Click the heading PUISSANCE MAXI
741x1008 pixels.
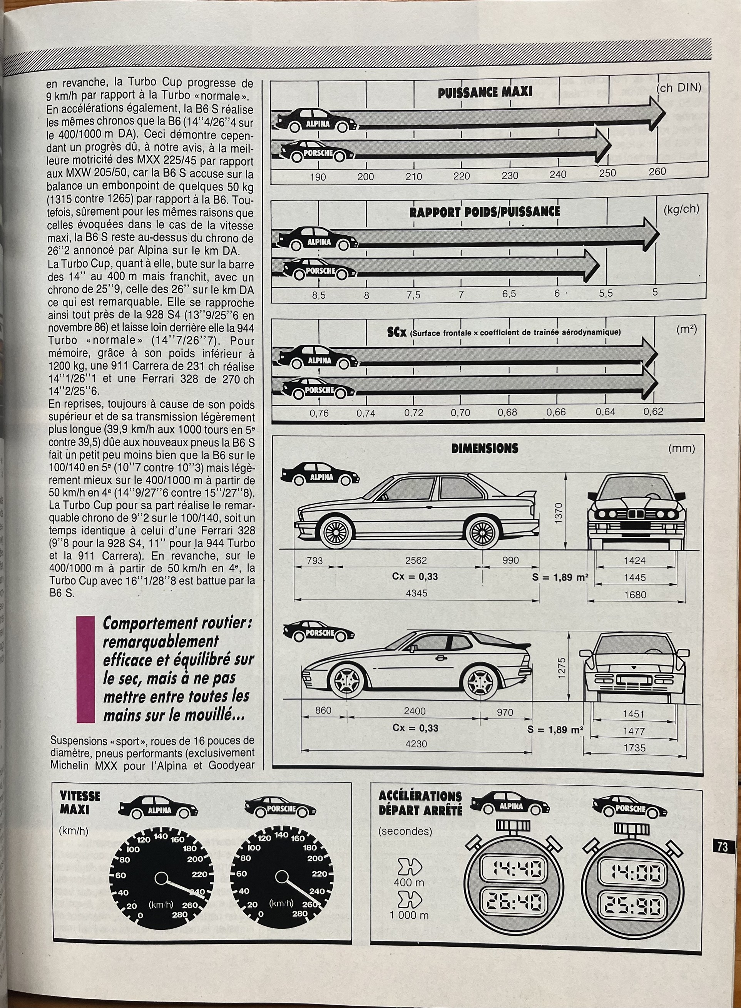485,92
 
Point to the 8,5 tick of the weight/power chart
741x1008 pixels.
318,296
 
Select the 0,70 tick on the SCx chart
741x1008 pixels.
460,413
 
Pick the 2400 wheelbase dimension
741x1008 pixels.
415,711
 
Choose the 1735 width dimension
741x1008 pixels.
635,747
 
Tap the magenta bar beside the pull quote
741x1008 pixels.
86,669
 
